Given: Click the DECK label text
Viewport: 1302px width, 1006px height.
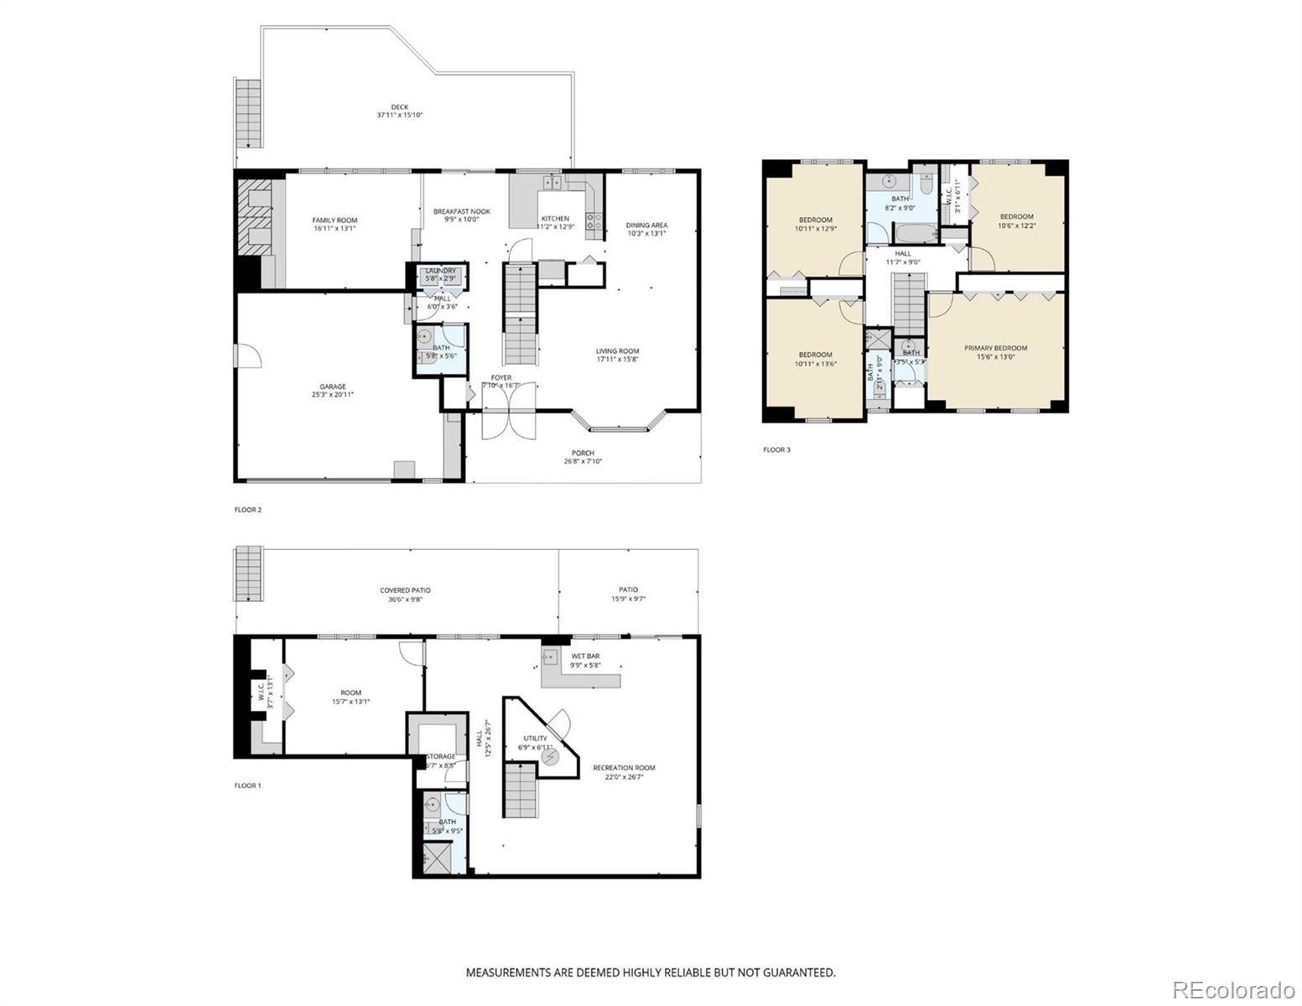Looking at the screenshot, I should point(399,107).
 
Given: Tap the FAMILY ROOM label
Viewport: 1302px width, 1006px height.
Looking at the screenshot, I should point(335,220).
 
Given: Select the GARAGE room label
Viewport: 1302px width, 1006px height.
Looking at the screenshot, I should point(332,386).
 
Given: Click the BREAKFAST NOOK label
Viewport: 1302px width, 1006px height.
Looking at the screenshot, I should point(461,211).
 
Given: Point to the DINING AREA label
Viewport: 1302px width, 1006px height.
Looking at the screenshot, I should point(646,225).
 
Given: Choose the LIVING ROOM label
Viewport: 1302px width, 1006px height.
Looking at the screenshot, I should point(617,351).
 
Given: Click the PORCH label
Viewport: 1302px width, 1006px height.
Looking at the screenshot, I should point(583,454).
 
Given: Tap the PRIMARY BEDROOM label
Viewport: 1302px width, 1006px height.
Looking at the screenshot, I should point(995,348).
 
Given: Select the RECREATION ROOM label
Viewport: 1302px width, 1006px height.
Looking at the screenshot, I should point(624,768).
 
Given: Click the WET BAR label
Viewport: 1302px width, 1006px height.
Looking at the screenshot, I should point(585,656).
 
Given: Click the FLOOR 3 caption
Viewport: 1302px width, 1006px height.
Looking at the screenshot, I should point(776,450).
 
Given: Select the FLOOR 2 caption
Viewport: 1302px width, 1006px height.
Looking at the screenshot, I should point(247,510).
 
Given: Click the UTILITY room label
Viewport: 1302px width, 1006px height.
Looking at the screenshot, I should point(536,739).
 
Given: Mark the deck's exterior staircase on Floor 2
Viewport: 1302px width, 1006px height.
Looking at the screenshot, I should point(249,113).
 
